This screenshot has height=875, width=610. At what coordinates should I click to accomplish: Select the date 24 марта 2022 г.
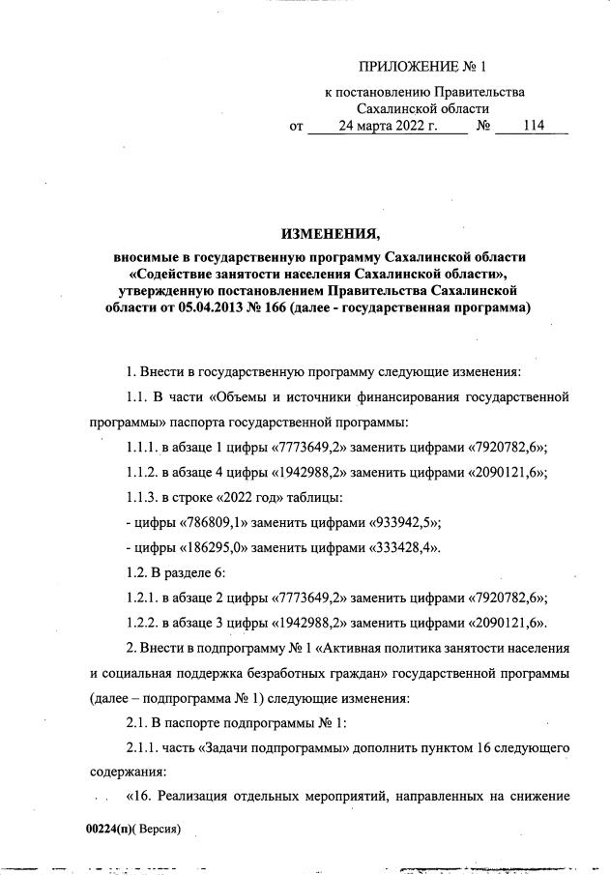[x=388, y=126]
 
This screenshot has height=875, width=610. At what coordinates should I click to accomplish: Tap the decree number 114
[x=533, y=126]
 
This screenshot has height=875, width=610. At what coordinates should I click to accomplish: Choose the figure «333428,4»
[x=403, y=548]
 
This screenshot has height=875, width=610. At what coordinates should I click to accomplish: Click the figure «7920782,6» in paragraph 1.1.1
[x=508, y=447]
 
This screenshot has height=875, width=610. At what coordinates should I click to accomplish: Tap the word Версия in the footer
[x=160, y=829]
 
